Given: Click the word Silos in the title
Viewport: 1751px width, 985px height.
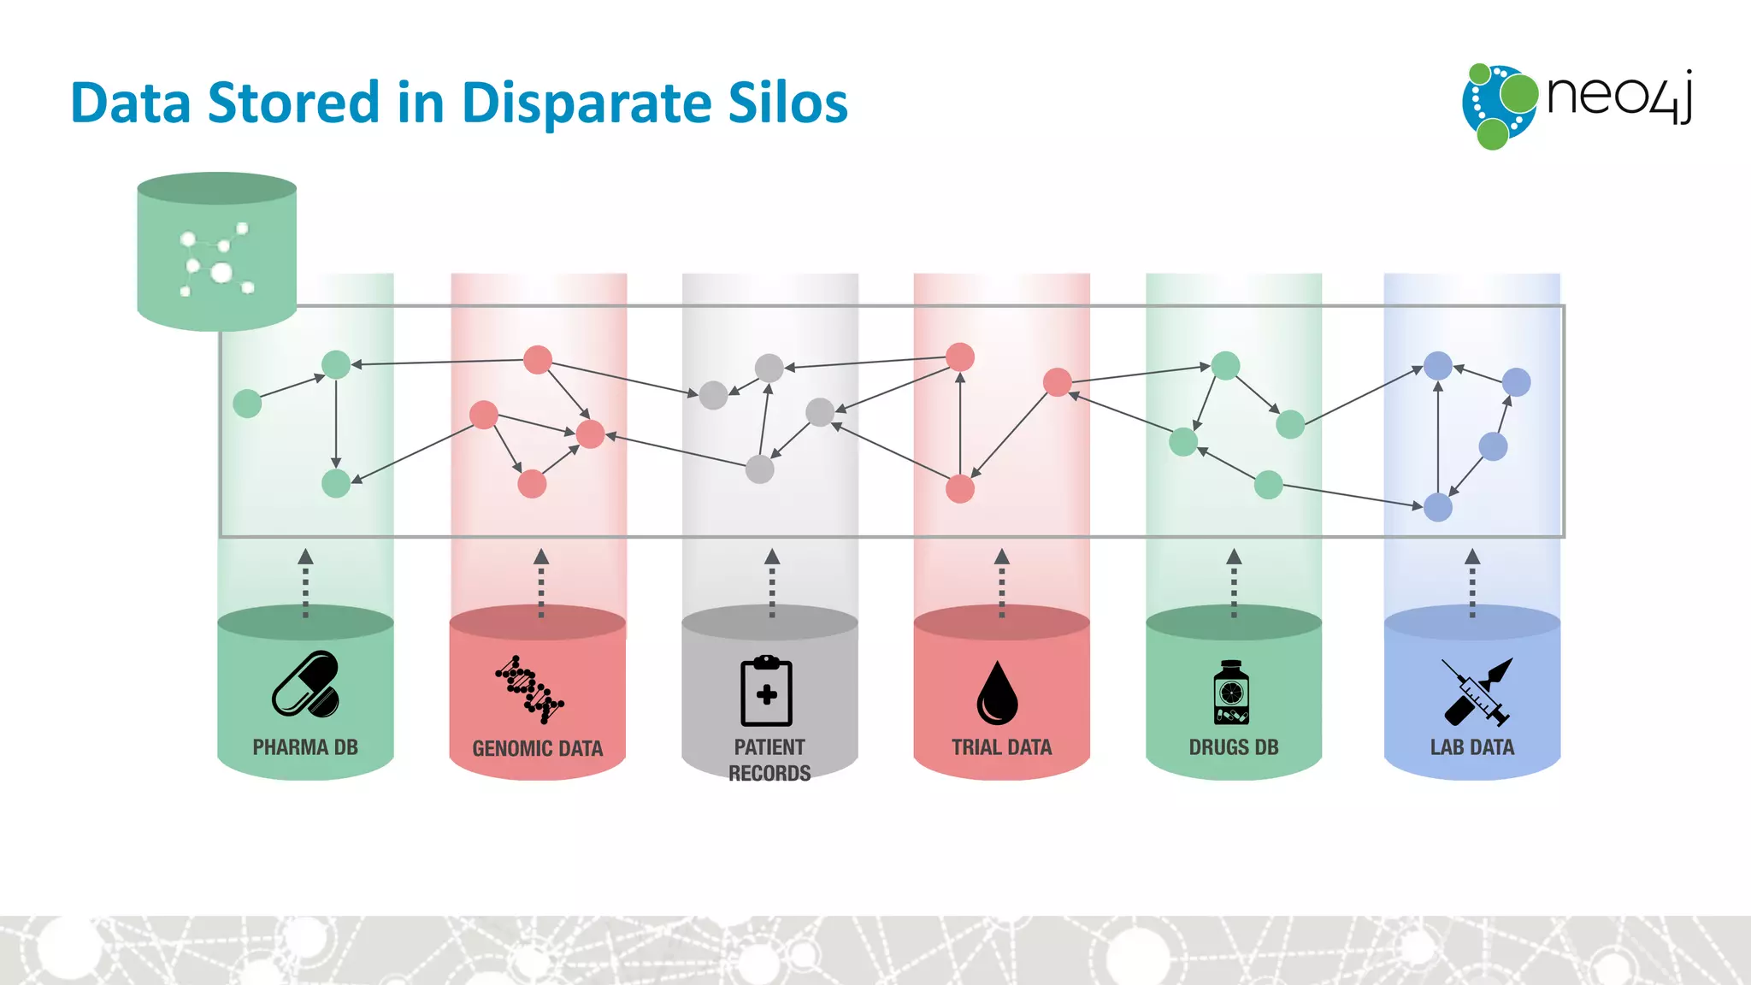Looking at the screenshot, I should coord(787,103).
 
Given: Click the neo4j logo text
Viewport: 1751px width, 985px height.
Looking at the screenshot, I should coord(1618,96).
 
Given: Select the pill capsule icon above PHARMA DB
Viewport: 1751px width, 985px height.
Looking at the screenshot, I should coord(305,684).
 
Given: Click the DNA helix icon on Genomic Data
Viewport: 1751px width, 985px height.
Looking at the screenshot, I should coord(529,689).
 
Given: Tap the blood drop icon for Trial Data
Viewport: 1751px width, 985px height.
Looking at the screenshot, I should coord(998,693).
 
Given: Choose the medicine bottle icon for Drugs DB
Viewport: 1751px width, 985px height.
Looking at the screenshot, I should coord(1231,693).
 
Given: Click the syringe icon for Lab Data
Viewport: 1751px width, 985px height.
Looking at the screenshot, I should coord(1477,692).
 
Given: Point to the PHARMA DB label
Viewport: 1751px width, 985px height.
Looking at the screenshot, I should coord(305,747).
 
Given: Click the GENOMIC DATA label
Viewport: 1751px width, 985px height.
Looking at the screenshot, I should coord(538,749).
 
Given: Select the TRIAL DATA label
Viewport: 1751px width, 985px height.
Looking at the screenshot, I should coord(1002,747).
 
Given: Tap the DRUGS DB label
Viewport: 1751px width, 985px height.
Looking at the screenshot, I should coord(1234,747).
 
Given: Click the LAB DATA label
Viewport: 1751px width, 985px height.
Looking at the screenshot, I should coord(1472,747).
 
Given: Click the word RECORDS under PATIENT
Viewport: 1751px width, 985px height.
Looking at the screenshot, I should coord(769,774).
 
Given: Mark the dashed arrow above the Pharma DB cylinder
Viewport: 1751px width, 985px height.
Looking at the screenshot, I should coord(305,583).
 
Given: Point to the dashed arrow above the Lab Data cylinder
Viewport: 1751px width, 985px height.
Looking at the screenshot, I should coord(1472,583).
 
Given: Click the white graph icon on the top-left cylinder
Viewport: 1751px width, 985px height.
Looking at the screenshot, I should coord(217,260).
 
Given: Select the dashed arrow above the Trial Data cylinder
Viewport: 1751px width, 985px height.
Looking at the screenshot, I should coord(1002,583).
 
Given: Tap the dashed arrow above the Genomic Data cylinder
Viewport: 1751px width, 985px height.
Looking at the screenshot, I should coord(541,583).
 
